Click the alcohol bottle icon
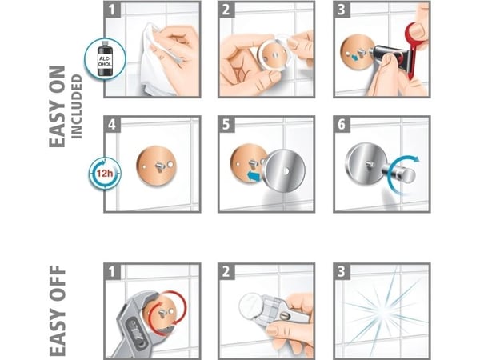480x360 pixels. [x=105, y=58]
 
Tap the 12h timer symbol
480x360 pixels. [x=105, y=174]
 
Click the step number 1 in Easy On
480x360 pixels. [x=112, y=10]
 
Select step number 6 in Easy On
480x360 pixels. [x=342, y=124]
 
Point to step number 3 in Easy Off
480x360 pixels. [x=342, y=271]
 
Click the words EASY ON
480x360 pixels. [x=58, y=106]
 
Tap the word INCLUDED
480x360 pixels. [x=77, y=107]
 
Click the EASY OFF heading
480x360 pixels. [x=58, y=310]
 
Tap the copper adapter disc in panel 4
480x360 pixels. [x=157, y=166]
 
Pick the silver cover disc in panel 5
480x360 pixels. [x=285, y=171]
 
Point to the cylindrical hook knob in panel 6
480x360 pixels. [x=401, y=174]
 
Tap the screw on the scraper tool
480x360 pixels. [x=285, y=315]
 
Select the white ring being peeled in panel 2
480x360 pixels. [x=273, y=53]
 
